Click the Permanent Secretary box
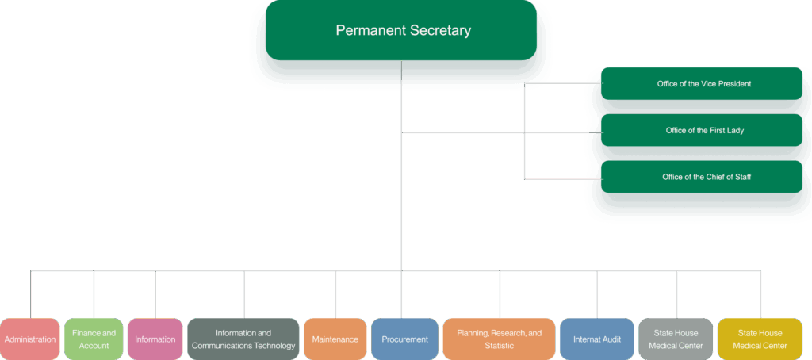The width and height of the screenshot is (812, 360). pyautogui.click(x=402, y=31)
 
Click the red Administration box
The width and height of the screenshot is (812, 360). pyautogui.click(x=30, y=339)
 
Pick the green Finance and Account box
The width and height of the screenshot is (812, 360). pyautogui.click(x=94, y=339)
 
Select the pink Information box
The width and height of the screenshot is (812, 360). pyautogui.click(x=155, y=339)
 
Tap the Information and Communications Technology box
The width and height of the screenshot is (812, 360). pyautogui.click(x=243, y=339)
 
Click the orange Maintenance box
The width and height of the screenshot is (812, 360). pyautogui.click(x=335, y=339)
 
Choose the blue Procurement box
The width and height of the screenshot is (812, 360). pyautogui.click(x=404, y=339)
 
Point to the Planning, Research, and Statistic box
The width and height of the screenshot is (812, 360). pyautogui.click(x=500, y=339)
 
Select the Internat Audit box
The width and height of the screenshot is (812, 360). pyautogui.click(x=597, y=339)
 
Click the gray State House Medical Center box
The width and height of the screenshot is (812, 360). pyautogui.click(x=676, y=339)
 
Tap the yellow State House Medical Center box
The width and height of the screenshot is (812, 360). pyautogui.click(x=760, y=339)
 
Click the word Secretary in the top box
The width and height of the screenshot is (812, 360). pyautogui.click(x=440, y=31)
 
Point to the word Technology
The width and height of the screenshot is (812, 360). pyautogui.click(x=272, y=346)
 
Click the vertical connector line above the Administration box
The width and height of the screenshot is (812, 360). pyautogui.click(x=31, y=293)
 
